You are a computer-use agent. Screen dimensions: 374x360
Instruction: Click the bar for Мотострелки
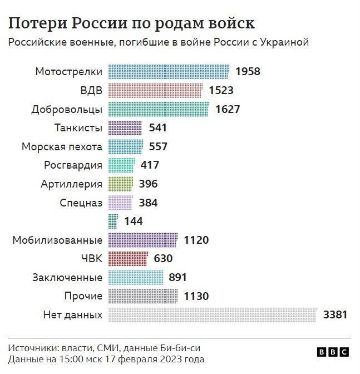168,72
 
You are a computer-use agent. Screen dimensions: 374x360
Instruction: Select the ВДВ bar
155,90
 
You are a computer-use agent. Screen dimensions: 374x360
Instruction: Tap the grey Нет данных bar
212,315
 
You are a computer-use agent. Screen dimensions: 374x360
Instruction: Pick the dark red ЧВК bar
127,258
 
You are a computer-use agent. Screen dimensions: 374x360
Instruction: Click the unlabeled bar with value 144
113,221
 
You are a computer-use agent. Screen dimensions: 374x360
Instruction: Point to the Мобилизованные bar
142,240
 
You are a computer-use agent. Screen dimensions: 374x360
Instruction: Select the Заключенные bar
135,277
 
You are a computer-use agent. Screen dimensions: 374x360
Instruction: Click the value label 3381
335,315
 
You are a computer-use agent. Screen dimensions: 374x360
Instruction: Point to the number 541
158,128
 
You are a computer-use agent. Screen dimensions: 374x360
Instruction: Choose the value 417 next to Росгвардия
150,165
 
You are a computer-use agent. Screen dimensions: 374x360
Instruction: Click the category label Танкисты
78,128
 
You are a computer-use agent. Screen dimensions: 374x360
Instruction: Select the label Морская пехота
62,147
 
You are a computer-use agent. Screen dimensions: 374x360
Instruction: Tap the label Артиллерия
71,184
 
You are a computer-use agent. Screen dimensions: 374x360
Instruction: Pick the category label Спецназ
81,203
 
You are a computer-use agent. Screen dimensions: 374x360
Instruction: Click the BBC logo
333,352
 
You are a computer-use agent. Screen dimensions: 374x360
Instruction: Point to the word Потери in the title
36,23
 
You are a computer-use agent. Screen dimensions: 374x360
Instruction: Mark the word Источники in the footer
31,348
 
